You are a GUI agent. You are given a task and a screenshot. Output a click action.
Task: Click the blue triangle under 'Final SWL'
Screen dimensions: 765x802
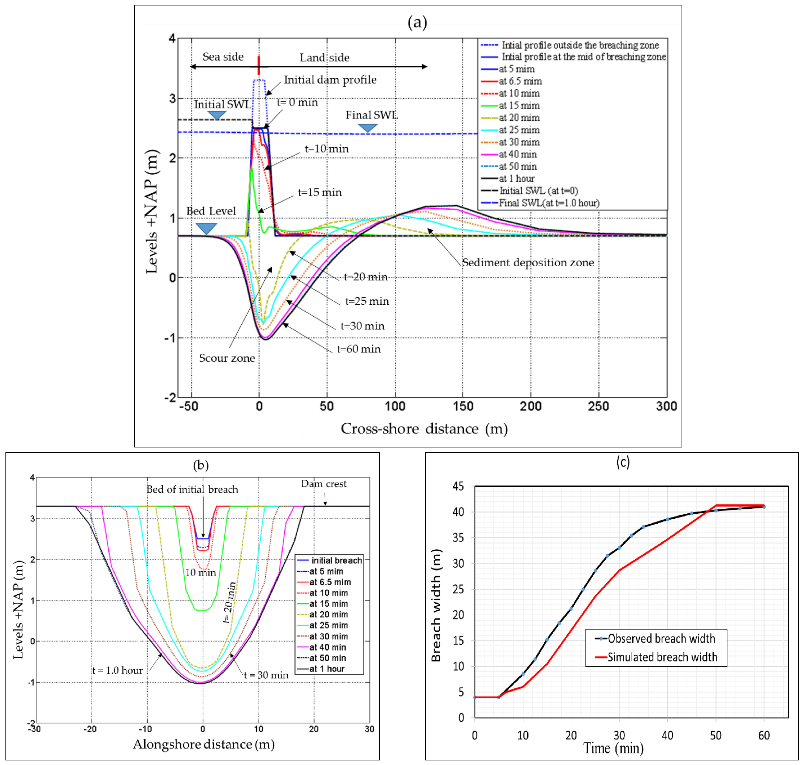click(368, 128)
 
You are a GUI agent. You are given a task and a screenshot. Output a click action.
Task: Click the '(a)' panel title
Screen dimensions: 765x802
click(417, 22)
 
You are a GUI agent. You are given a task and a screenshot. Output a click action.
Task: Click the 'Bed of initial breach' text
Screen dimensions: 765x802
click(192, 489)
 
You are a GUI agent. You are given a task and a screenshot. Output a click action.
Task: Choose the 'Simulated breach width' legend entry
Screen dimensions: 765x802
click(662, 657)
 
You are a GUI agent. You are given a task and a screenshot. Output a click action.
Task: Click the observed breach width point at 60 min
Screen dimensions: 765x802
click(764, 507)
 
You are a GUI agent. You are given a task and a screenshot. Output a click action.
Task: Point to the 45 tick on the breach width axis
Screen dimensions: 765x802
click(458, 486)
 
